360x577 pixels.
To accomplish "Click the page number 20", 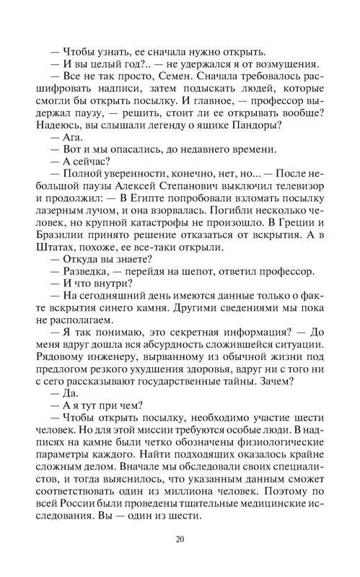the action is tap(180, 539).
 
